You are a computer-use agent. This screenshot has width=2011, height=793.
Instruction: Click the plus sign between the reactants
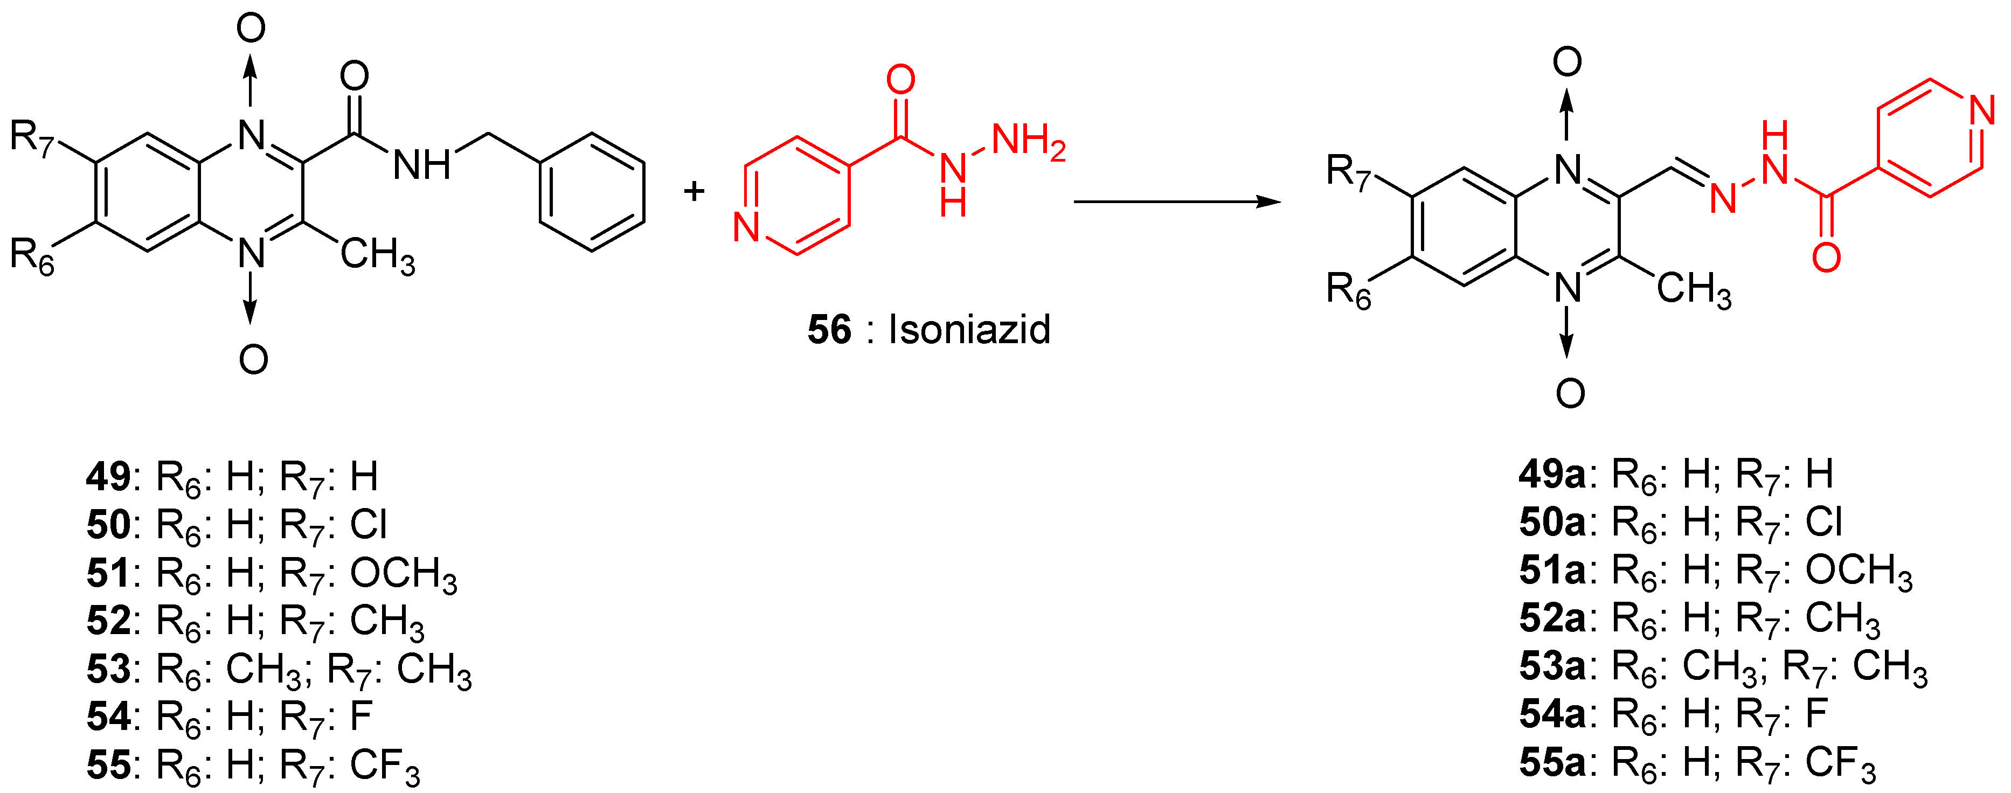(x=693, y=191)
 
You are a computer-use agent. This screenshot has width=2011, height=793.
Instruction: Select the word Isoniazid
(x=969, y=329)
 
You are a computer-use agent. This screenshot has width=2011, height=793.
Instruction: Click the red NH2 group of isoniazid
(x=1028, y=143)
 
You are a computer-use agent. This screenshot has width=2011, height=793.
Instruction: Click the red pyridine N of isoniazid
(x=746, y=227)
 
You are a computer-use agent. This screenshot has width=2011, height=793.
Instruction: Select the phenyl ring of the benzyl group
(x=592, y=192)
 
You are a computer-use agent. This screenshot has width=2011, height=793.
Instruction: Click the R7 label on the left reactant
(x=31, y=138)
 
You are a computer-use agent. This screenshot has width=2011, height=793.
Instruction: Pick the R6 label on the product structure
(x=1348, y=290)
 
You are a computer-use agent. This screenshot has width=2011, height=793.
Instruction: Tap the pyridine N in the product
(x=1982, y=111)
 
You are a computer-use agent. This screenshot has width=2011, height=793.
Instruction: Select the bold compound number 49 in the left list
(x=108, y=476)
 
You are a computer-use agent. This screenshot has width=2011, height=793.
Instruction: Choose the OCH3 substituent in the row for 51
(x=403, y=574)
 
